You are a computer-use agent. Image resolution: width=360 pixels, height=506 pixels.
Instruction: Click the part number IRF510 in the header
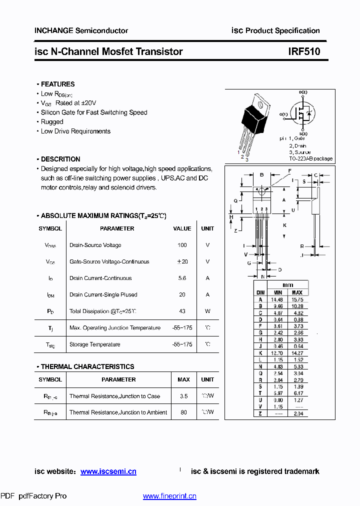[x=304, y=51]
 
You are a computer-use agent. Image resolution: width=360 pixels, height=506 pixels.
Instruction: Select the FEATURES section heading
[x=57, y=84]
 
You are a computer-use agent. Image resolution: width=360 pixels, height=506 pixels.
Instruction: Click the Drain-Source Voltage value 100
[x=182, y=245]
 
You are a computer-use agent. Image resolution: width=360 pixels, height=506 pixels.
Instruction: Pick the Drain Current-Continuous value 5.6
[x=182, y=278]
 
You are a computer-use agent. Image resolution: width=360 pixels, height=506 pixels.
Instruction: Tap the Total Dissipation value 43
[x=182, y=311]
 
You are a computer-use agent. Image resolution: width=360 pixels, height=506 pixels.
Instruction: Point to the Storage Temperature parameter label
[x=94, y=344]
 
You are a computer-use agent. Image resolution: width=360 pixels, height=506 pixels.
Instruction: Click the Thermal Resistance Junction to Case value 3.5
[x=183, y=396]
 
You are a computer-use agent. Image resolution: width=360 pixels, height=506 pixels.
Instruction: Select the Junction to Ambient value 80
[x=183, y=412]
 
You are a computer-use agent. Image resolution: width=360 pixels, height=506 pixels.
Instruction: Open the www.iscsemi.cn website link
[x=108, y=471]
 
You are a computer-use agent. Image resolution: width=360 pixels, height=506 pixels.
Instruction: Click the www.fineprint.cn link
[x=169, y=496]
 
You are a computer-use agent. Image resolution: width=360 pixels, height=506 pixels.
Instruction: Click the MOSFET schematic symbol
[x=303, y=113]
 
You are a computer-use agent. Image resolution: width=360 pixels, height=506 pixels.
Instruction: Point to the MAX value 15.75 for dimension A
[x=297, y=299]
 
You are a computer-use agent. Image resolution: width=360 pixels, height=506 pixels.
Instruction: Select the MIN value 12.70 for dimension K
[x=276, y=352]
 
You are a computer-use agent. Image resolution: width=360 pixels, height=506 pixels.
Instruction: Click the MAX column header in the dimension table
[x=297, y=292]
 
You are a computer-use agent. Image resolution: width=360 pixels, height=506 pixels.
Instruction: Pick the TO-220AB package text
[x=310, y=158]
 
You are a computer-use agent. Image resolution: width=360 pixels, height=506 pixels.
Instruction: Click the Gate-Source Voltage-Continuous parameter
[x=109, y=261]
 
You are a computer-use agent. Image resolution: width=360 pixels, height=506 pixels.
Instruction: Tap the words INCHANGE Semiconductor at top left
[x=81, y=30]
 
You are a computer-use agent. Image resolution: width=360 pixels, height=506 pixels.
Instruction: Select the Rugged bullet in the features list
[x=51, y=121]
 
